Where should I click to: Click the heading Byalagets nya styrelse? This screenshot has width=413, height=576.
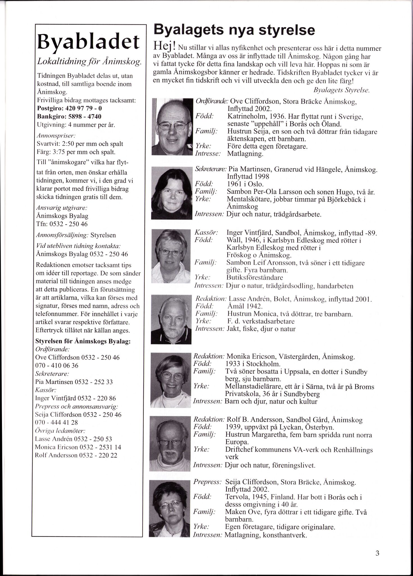[x=234, y=30]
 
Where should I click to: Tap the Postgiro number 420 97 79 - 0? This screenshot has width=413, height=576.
[x=83, y=108]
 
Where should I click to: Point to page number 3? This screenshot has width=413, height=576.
[x=377, y=553]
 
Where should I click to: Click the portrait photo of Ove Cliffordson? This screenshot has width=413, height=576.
[x=171, y=127]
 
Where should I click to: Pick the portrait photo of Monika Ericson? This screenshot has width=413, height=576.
[x=170, y=380]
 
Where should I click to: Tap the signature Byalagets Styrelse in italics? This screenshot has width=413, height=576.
[x=341, y=91]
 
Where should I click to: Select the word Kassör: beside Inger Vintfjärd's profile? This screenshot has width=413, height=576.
[x=206, y=233]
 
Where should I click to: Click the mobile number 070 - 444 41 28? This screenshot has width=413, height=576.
[x=56, y=422]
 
